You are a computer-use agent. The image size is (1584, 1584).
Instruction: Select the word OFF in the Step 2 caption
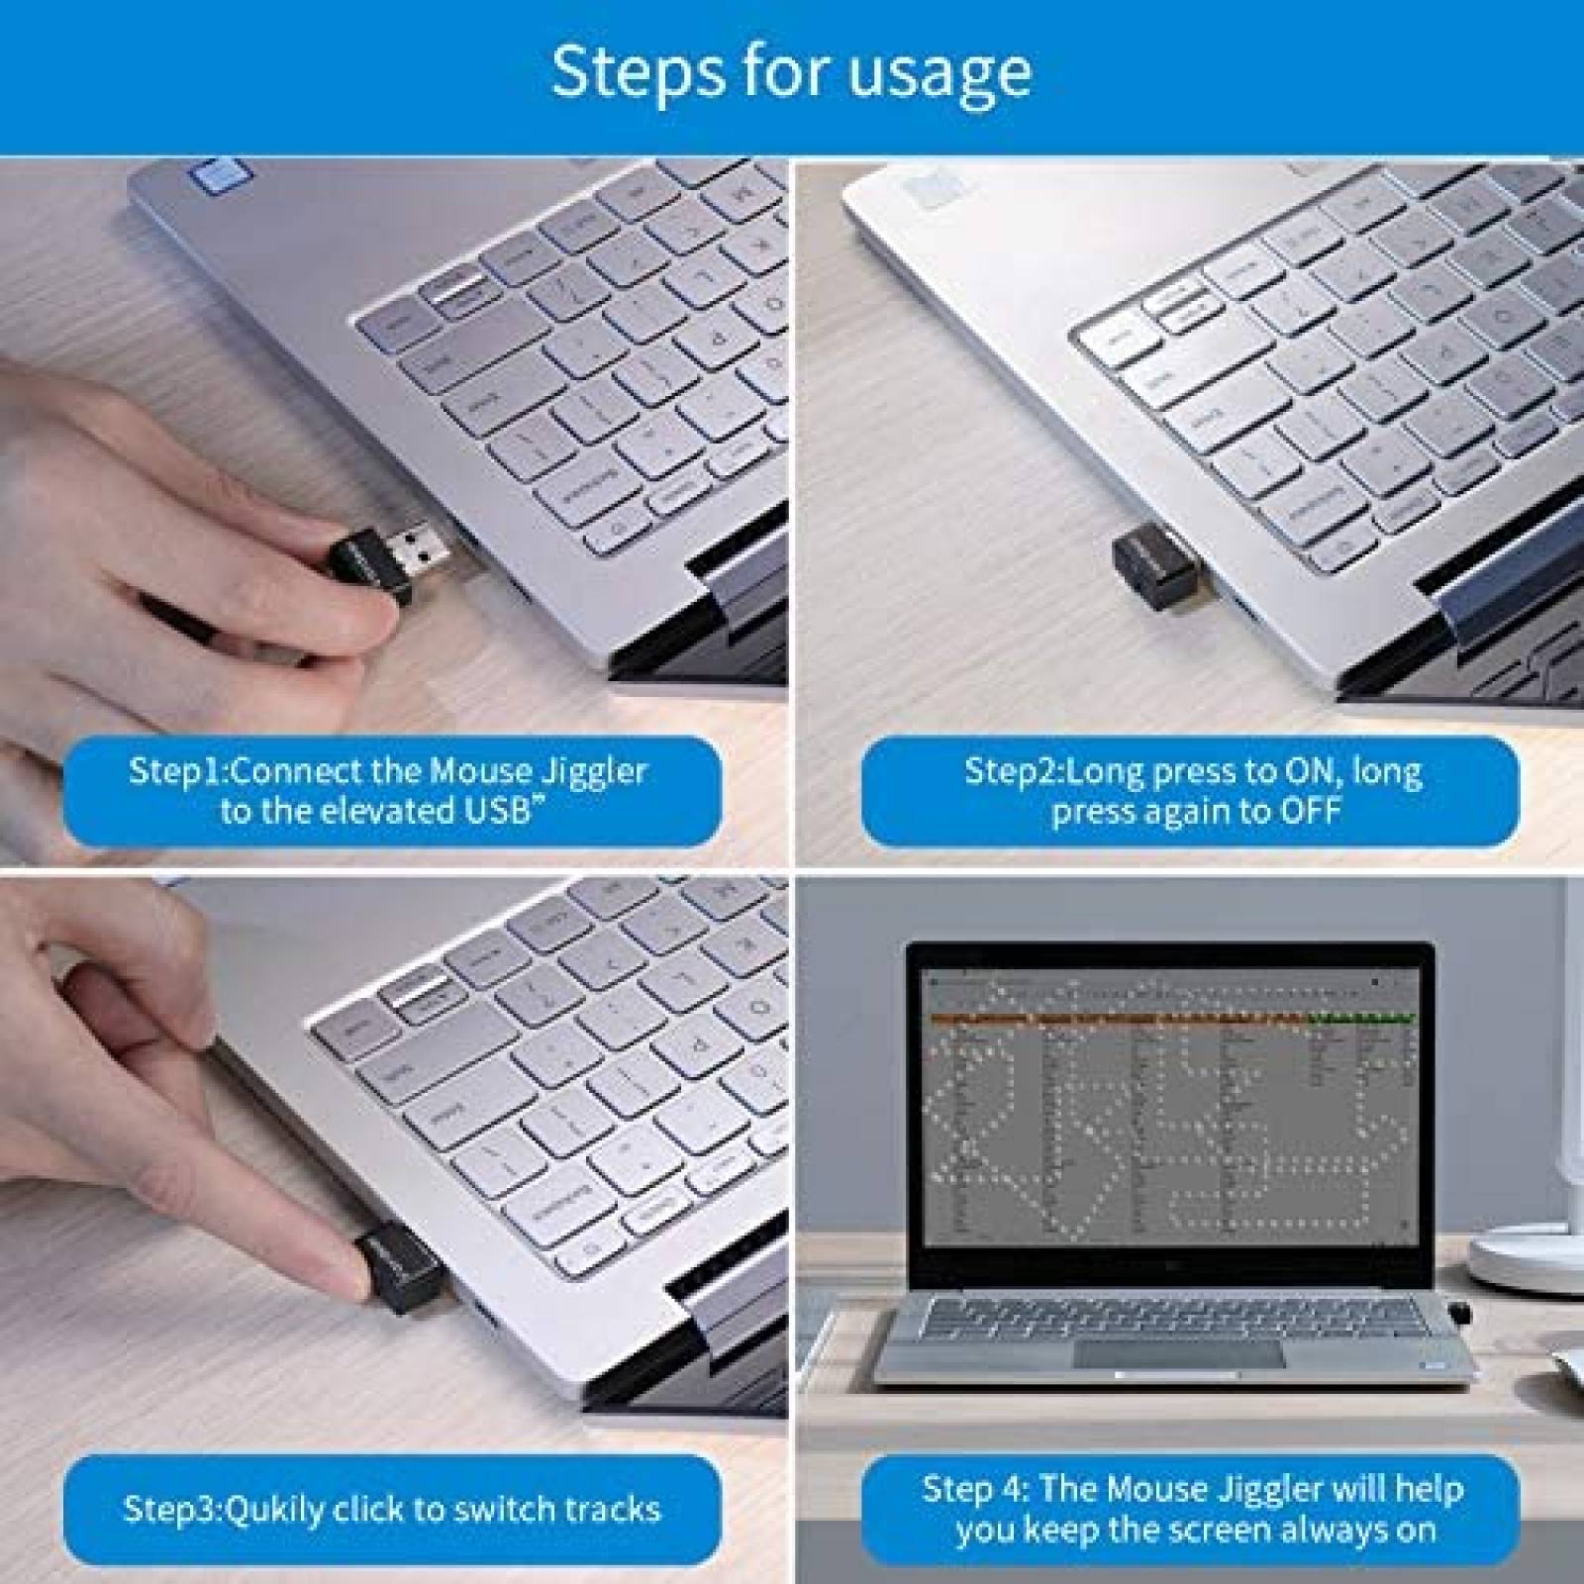1310,811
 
